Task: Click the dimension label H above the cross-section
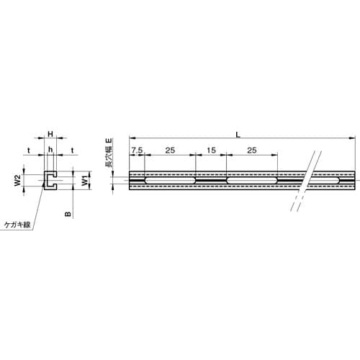click(50, 135)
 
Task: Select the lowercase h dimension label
click(50, 150)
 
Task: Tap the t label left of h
click(28, 150)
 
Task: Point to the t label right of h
click(73, 150)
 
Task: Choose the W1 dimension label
click(84, 181)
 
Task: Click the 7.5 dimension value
click(137, 150)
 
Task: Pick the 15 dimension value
click(210, 150)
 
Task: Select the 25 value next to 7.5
click(170, 150)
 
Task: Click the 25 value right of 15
click(252, 150)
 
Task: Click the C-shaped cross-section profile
click(50, 181)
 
